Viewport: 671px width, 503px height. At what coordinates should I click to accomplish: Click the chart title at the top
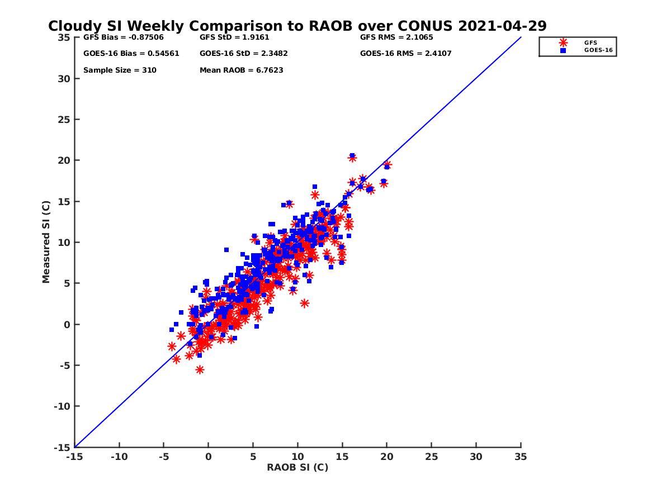[x=297, y=26]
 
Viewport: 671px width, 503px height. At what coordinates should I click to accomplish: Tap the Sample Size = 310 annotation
[x=120, y=70]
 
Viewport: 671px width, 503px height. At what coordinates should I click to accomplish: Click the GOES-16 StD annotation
[x=244, y=54]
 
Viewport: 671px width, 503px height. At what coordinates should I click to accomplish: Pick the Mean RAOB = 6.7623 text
[x=241, y=70]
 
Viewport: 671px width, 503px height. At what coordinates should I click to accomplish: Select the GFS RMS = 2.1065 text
[x=396, y=38]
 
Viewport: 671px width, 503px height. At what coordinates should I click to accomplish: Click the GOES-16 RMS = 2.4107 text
[x=406, y=54]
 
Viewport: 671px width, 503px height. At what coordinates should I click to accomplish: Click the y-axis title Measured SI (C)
[x=46, y=242]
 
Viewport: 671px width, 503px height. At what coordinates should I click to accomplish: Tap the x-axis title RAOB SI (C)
[x=297, y=467]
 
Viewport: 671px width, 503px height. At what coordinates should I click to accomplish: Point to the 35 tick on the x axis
[x=521, y=457]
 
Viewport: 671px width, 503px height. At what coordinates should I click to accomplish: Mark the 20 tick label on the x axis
[x=387, y=457]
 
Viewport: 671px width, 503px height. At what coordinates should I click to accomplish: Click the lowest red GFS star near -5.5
[x=200, y=369]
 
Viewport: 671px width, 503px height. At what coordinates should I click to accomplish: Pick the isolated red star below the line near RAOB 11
[x=305, y=303]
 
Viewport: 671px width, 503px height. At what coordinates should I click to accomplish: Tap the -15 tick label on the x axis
[x=74, y=457]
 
